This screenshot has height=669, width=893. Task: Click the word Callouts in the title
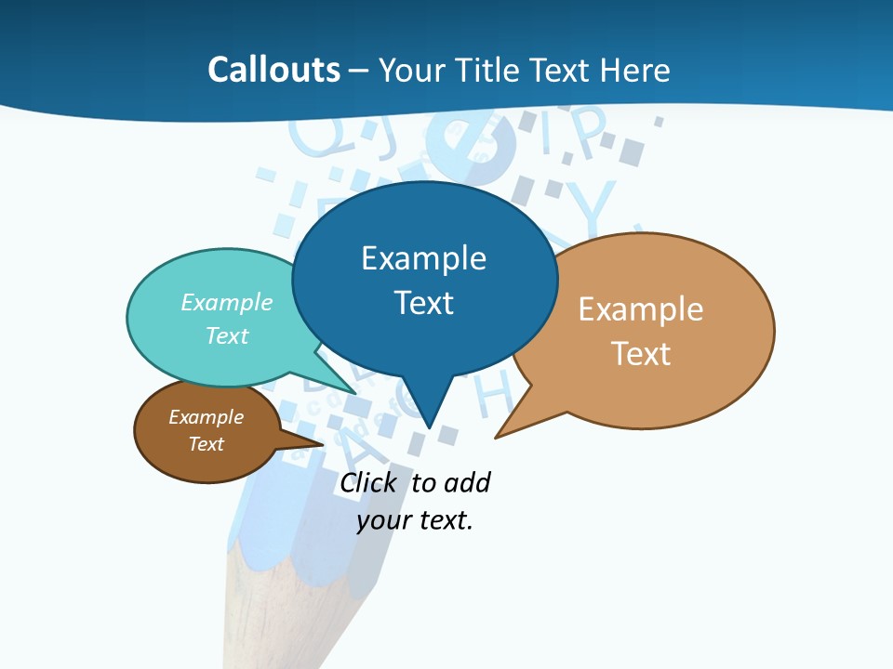pyautogui.click(x=273, y=70)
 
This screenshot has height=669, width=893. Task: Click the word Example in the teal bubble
pyautogui.click(x=227, y=303)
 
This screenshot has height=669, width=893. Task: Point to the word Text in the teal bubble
pyautogui.click(x=227, y=335)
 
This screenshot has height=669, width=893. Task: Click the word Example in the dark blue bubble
pyautogui.click(x=423, y=258)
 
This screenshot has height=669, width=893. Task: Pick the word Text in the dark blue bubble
pyautogui.click(x=423, y=303)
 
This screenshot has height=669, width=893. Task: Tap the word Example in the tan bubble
pyautogui.click(x=641, y=309)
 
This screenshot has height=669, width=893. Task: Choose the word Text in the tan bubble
pyautogui.click(x=641, y=354)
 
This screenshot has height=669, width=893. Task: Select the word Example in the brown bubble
pyautogui.click(x=206, y=417)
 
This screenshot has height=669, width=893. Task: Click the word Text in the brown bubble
pyautogui.click(x=206, y=444)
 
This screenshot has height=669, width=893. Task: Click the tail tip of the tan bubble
pyautogui.click(x=498, y=435)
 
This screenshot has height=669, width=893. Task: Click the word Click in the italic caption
pyautogui.click(x=367, y=483)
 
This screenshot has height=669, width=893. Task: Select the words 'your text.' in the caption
pyautogui.click(x=415, y=520)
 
